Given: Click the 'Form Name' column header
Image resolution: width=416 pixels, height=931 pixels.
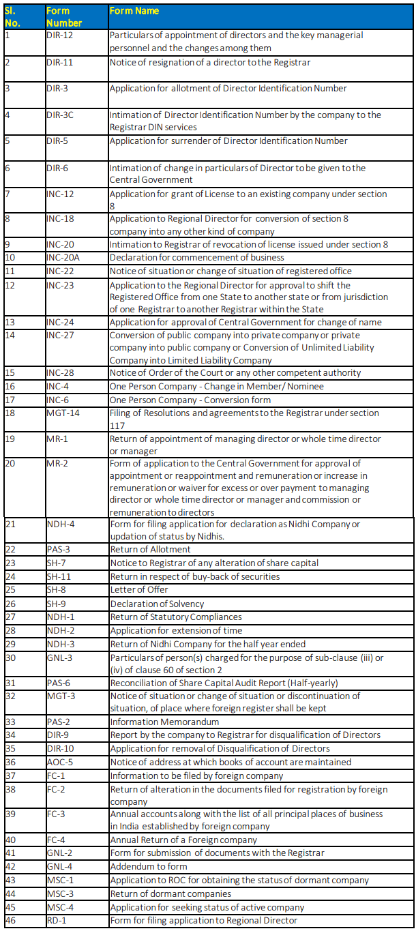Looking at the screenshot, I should [134, 11].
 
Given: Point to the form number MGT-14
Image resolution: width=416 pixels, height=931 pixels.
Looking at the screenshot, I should [62, 413].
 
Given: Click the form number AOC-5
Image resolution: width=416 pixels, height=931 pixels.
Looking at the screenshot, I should [59, 763].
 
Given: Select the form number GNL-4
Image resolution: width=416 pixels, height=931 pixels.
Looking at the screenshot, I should [59, 867].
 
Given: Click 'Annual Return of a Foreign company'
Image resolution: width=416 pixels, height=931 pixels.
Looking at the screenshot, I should [183, 840].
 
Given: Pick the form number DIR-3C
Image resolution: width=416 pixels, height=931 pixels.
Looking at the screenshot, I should [60, 115].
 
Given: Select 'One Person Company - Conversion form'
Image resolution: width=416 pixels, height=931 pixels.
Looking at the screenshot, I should [181, 400].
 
